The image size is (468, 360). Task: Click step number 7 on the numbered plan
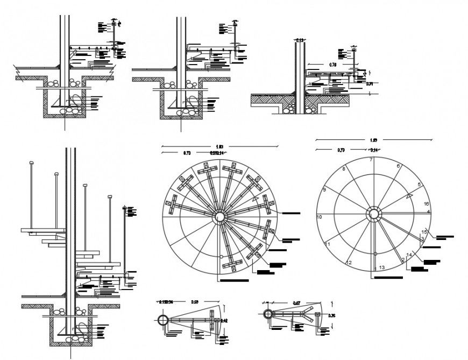point(371,160)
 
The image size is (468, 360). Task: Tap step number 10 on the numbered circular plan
point(319,217)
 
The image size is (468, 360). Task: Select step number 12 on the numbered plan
point(349,263)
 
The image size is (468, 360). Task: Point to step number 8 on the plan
point(344,170)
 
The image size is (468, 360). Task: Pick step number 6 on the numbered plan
point(398,166)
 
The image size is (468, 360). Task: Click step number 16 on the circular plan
point(426,204)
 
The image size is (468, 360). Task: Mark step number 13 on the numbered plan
point(381,267)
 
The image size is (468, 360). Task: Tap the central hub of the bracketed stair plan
point(219,217)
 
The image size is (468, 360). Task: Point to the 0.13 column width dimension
point(300,40)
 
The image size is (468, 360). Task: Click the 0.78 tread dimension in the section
point(334,65)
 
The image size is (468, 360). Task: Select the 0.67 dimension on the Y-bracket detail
point(296,303)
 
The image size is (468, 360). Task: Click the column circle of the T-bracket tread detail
point(163,320)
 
